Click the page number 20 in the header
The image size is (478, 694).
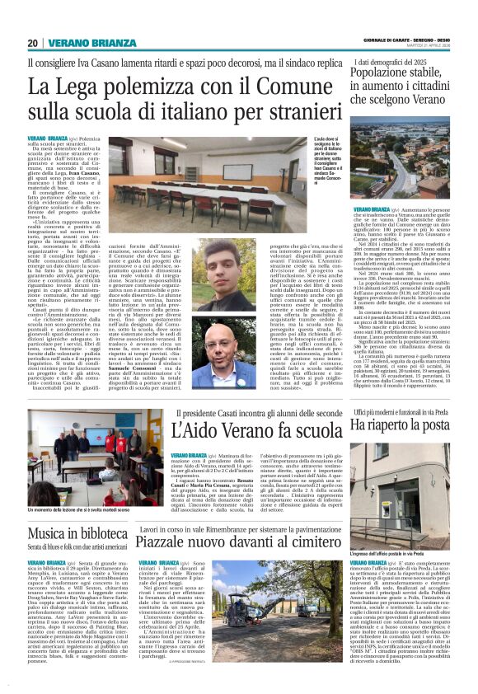[32, 43]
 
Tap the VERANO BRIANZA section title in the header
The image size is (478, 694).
[80, 43]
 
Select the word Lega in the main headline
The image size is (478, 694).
[88, 86]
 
